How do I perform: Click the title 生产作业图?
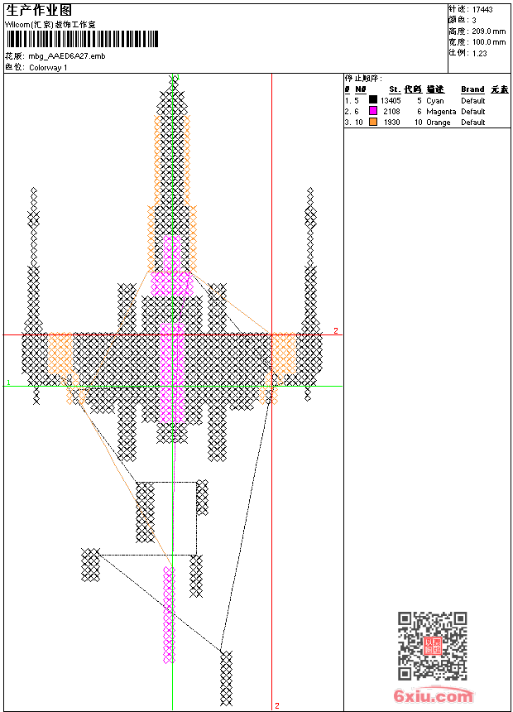39,10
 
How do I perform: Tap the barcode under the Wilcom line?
81,40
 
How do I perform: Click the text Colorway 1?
48,67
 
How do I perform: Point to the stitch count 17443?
482,9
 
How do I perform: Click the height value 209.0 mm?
488,31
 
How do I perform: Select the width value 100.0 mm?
488,41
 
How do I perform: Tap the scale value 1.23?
480,52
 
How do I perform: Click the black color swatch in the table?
373,100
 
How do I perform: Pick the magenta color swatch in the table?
373,111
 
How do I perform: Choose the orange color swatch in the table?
373,122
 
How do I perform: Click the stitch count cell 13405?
391,100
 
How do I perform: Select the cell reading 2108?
392,111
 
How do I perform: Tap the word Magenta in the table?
441,111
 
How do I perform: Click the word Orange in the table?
439,122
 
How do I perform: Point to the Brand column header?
472,89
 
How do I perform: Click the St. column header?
395,89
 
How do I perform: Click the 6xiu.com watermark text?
434,696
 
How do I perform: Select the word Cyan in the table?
435,100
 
